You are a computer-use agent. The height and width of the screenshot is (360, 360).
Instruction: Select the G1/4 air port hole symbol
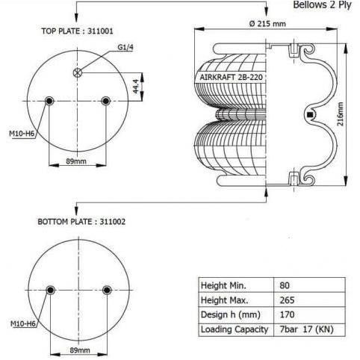coord(78,72)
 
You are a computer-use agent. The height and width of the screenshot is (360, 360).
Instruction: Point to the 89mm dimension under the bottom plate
coord(79,350)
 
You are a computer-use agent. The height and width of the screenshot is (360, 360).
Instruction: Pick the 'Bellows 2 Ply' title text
coord(322,5)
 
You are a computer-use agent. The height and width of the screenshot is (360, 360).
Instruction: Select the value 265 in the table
coord(287,299)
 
